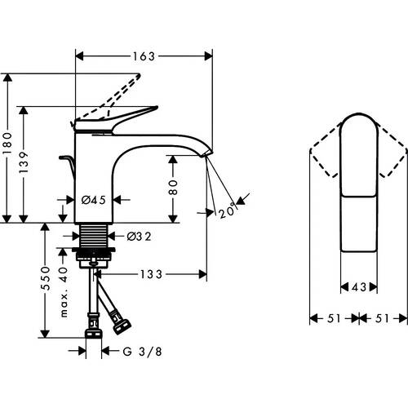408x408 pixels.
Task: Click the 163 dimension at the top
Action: [144, 56]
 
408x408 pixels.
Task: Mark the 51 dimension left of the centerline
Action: [335, 320]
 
